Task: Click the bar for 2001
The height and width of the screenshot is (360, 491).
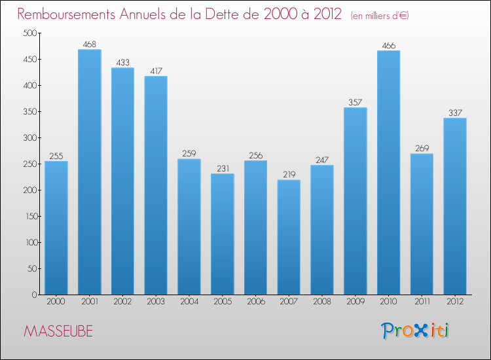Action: (90, 172)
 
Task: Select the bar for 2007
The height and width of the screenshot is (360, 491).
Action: (289, 237)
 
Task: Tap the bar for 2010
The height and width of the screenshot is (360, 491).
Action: (388, 173)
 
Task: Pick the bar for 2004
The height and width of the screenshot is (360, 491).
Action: (189, 226)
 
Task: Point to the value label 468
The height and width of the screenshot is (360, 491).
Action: (90, 45)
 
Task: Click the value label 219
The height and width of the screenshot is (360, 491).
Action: (289, 175)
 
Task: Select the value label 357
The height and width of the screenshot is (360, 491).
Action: (355, 103)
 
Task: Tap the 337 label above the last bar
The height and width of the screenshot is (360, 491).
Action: (455, 113)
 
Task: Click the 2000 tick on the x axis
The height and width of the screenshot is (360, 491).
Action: (56, 302)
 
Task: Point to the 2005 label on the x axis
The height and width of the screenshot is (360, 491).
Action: (223, 302)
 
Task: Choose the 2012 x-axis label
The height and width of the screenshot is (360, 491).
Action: (455, 302)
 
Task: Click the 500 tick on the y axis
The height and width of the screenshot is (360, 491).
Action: (29, 33)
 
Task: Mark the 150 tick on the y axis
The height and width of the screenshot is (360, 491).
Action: (29, 217)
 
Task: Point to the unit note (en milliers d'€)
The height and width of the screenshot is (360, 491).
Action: (380, 16)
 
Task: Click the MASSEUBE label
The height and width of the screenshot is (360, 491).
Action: (58, 331)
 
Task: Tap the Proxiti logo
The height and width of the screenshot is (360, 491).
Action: (416, 331)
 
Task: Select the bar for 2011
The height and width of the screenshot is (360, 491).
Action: (422, 224)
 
